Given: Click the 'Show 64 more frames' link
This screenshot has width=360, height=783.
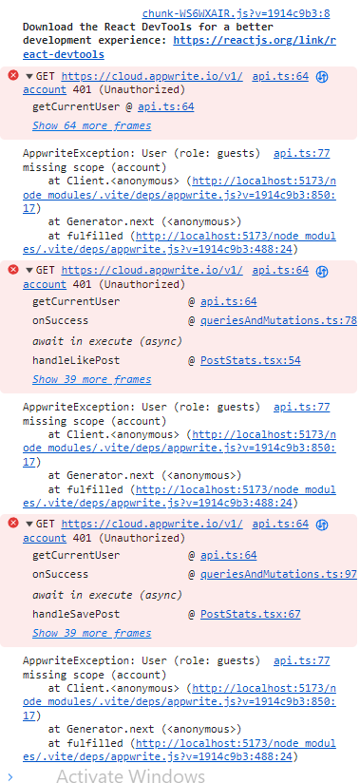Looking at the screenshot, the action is (x=91, y=124).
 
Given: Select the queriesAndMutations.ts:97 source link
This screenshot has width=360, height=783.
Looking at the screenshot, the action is (x=278, y=574).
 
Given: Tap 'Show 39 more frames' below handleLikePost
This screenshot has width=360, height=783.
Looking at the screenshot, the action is (x=91, y=379).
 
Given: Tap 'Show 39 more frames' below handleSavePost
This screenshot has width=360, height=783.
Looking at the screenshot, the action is (x=91, y=633).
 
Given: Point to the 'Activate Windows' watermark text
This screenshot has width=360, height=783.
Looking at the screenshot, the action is (x=130, y=775).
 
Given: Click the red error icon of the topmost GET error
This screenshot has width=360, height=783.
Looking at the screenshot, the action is (x=12, y=76).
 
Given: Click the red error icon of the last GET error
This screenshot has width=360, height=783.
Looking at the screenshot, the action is (x=12, y=524).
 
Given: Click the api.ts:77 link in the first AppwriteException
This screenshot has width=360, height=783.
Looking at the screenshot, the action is (x=301, y=152).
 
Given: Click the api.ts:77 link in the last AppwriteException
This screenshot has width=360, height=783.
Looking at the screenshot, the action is (x=301, y=660).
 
